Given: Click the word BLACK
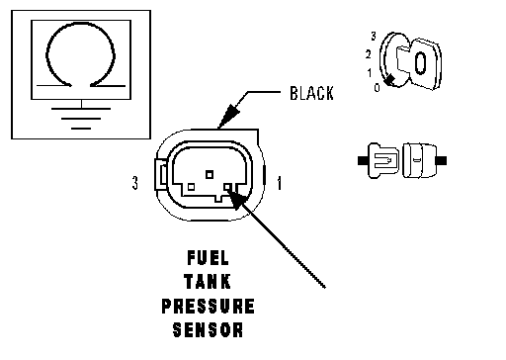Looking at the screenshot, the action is (x=311, y=93).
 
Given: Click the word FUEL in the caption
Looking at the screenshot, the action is (x=208, y=258).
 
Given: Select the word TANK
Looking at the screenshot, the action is (x=208, y=282).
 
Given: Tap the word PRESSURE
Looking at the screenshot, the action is (x=208, y=306).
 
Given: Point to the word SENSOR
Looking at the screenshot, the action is (x=208, y=329).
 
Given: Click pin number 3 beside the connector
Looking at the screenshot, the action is (x=135, y=183).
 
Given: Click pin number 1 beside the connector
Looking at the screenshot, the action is (x=280, y=183).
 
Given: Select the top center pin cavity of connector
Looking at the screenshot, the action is (x=210, y=174).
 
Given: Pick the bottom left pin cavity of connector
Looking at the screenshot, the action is (x=191, y=187).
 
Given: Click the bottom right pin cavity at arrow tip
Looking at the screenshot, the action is (x=227, y=187).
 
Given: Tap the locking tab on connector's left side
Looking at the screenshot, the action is (x=161, y=174).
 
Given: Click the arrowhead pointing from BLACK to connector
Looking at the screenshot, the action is (x=228, y=116).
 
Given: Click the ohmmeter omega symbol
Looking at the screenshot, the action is (x=81, y=54).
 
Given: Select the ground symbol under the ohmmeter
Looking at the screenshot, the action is (x=81, y=118).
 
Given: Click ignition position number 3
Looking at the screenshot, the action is (x=374, y=36).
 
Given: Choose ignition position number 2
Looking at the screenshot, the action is (x=368, y=54).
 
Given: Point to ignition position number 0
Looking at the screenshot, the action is (x=377, y=87).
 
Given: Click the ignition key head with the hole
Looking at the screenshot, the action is (x=425, y=63).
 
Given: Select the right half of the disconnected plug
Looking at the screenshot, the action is (x=423, y=160).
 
